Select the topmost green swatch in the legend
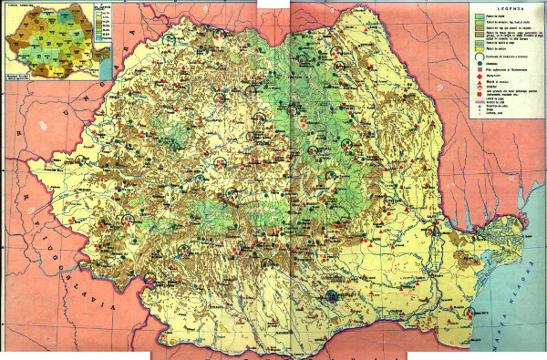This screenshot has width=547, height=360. pyautogui.click(x=477, y=15)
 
